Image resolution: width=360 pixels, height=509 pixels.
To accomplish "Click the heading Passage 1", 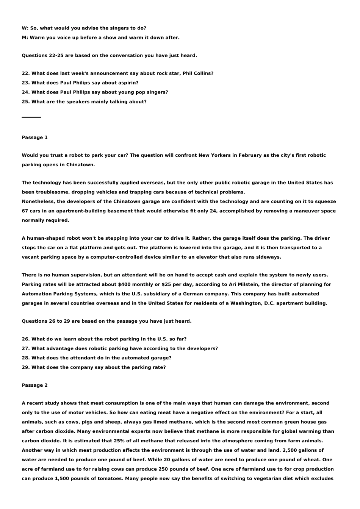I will [x=34, y=137].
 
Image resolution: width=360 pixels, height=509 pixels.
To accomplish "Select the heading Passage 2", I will [x=34, y=385].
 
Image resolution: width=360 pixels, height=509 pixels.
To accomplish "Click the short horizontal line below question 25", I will [x=31, y=117].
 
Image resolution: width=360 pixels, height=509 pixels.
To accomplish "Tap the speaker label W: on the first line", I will [x=25, y=28].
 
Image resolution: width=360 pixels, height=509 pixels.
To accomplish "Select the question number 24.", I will [x=26, y=92].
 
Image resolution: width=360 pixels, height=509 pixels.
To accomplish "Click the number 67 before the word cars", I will [x=25, y=211].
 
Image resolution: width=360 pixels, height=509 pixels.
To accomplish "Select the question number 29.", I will [x=26, y=367].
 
